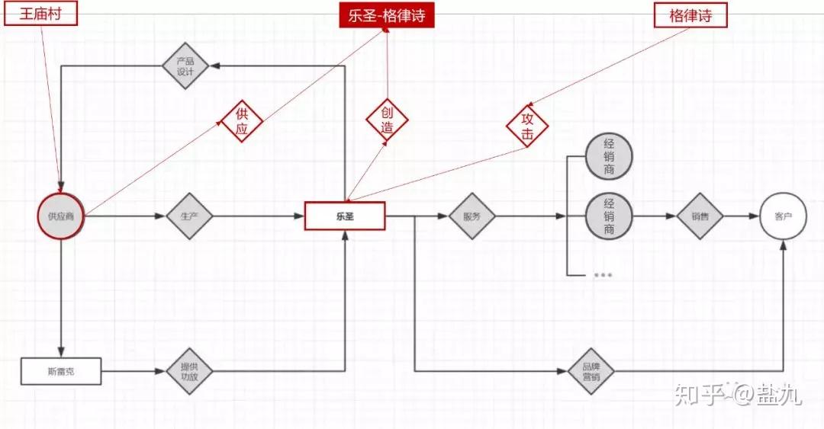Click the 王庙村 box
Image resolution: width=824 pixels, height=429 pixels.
[40, 13]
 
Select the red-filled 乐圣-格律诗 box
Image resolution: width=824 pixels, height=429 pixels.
[387, 15]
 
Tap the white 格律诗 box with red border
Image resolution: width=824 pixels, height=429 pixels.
[690, 15]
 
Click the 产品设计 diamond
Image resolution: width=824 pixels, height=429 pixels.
[185, 66]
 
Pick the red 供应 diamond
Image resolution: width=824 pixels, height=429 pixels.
[242, 121]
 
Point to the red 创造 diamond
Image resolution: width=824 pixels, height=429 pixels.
[387, 120]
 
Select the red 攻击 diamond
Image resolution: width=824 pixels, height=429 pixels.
[527, 126]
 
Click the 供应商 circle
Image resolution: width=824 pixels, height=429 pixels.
[61, 216]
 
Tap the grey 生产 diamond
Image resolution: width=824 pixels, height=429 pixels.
[189, 216]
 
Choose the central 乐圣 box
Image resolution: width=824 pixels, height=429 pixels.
[345, 216]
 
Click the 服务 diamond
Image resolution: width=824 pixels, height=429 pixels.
[472, 216]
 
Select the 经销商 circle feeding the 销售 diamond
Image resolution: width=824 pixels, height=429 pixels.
[609, 216]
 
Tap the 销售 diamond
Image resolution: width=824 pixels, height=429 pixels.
[700, 216]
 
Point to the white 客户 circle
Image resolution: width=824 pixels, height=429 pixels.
[783, 216]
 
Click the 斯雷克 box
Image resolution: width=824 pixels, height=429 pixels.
[61, 371]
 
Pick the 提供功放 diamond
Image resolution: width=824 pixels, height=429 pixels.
[189, 371]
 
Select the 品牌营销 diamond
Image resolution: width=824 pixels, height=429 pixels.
[591, 371]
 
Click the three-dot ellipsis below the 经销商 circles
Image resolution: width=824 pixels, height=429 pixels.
[602, 274]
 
